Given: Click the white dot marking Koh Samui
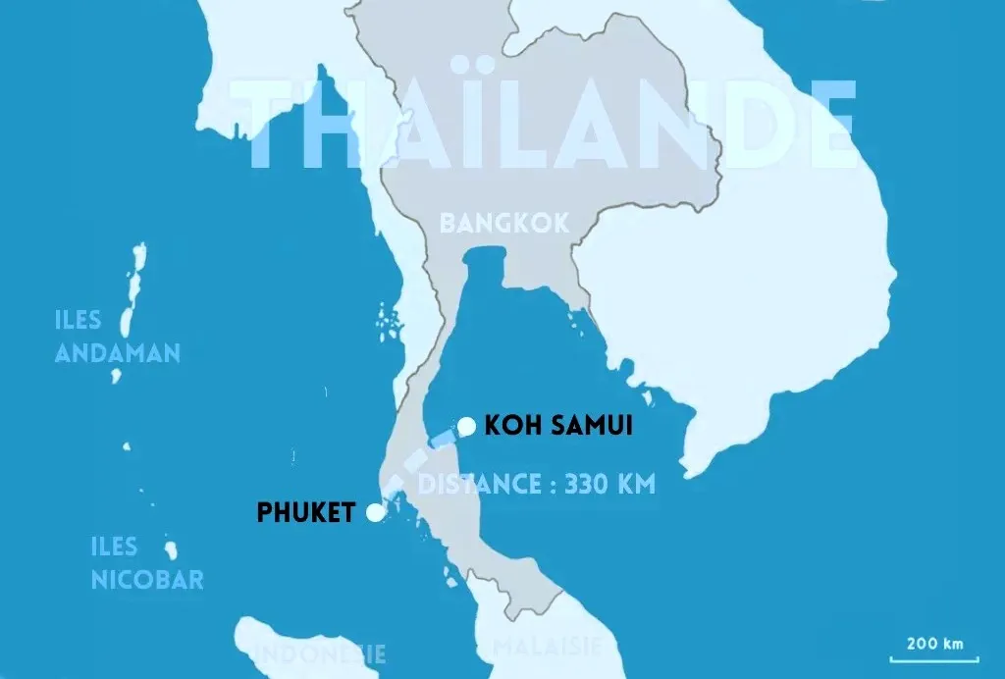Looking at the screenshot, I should [467, 425].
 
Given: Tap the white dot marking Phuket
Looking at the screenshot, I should [374, 512].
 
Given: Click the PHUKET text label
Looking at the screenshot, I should [305, 512].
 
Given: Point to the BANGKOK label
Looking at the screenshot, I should [504, 223].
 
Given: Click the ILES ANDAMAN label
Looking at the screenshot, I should [118, 337].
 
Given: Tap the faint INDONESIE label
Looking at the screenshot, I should [320, 653].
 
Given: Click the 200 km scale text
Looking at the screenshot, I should [934, 644].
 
